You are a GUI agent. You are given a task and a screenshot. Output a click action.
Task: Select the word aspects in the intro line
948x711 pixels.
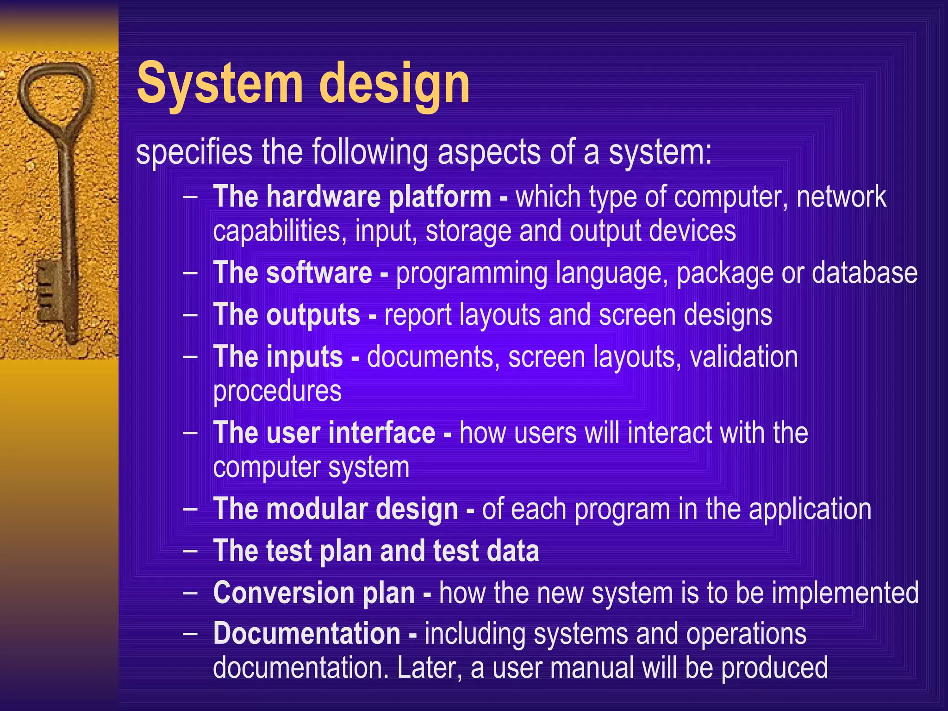pyautogui.click(x=489, y=153)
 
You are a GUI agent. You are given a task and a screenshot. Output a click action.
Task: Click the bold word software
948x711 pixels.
pyautogui.click(x=319, y=273)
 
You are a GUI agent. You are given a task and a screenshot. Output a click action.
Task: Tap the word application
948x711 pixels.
pyautogui.click(x=810, y=509)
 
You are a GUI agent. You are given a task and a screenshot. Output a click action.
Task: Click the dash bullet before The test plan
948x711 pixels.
pyautogui.click(x=190, y=551)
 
